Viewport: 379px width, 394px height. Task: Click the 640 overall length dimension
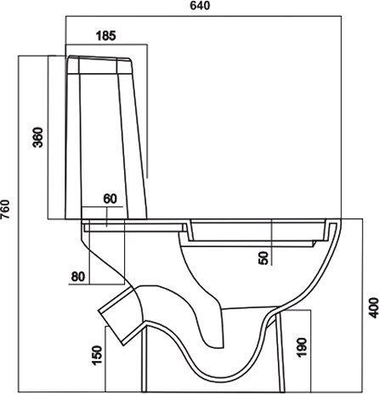coord(200,6)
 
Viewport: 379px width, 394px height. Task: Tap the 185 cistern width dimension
coord(106,36)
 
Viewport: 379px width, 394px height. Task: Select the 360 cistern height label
coord(38,138)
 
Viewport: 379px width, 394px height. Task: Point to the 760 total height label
coord(5,209)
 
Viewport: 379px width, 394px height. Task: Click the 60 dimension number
coord(110,199)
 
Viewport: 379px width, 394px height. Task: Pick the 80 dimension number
coord(78,277)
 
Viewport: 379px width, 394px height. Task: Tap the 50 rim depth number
coord(263,258)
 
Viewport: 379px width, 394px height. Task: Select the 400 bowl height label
coord(374,307)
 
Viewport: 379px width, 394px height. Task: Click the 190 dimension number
coord(302,347)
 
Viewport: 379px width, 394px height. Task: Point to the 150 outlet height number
coord(97,355)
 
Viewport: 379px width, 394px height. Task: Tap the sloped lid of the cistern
coord(99,58)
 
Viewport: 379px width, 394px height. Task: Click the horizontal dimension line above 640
coord(203,16)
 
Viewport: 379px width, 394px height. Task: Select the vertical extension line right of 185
coord(147,111)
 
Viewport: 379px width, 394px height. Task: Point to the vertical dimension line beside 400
coord(363,306)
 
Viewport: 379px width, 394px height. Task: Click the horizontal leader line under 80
coord(97,284)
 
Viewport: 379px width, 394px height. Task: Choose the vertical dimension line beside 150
coord(105,359)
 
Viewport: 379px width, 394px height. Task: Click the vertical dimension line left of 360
coord(48,138)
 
